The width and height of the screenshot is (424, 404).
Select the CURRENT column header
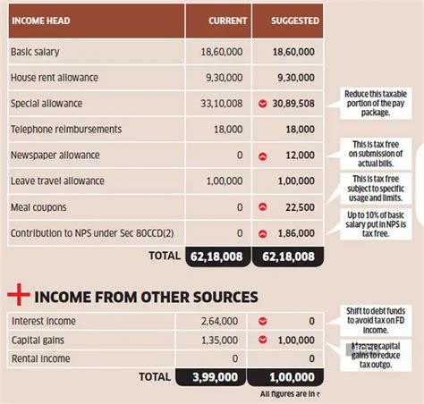coord(227,20)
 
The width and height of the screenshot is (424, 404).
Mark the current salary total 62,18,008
coord(216,257)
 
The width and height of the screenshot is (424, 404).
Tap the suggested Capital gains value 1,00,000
coord(297,340)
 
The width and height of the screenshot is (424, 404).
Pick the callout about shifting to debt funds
coord(376,322)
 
